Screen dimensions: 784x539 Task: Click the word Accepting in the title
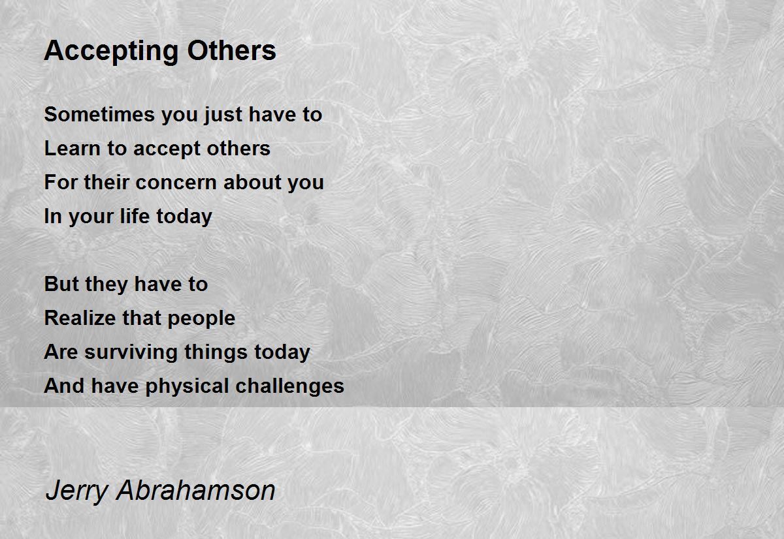point(111,52)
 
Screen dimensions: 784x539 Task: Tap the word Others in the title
point(232,50)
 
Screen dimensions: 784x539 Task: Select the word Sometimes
point(99,114)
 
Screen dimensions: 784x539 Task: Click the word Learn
point(73,148)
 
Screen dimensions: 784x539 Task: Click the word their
point(106,182)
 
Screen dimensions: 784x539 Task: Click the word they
point(106,285)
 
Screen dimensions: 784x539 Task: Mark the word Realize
point(80,318)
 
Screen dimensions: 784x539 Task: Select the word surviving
point(131,352)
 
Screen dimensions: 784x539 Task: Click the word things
point(216,352)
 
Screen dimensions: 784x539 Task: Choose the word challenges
point(290,386)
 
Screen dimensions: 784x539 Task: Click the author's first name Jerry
point(76,491)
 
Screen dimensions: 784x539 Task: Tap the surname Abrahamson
point(196,490)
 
